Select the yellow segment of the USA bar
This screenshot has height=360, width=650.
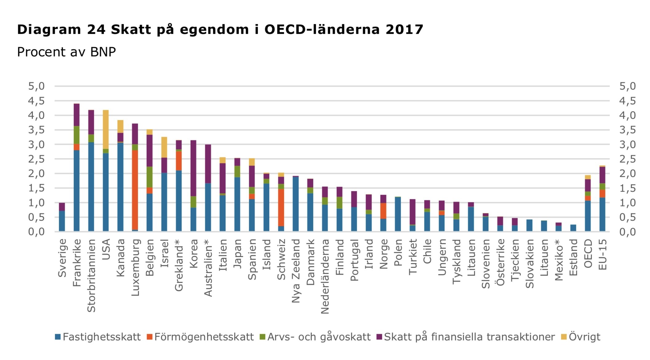coord(106,129)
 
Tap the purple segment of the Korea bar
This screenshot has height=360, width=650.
coord(193,168)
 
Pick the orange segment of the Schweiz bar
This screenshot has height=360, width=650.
coord(281,207)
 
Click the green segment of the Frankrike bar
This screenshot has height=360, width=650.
coord(77,135)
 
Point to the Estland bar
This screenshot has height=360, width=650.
coord(573,228)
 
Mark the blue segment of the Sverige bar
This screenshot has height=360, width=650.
coord(62,221)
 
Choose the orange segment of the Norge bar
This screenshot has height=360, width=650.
coord(383,211)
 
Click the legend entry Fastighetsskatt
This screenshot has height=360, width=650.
coord(101,337)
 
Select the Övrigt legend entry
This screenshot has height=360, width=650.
coord(584,337)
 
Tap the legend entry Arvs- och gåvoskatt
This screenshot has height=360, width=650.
coord(319,337)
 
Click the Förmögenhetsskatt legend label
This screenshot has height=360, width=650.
coord(204,337)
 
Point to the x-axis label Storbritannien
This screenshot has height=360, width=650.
coord(91,276)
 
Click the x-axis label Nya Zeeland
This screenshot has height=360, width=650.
coord(296,271)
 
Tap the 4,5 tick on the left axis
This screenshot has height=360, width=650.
coord(37,101)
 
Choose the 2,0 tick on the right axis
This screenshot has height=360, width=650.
coord(627,174)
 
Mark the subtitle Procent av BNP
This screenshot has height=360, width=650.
coord(66,52)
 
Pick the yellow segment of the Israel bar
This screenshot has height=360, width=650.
coord(164,147)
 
